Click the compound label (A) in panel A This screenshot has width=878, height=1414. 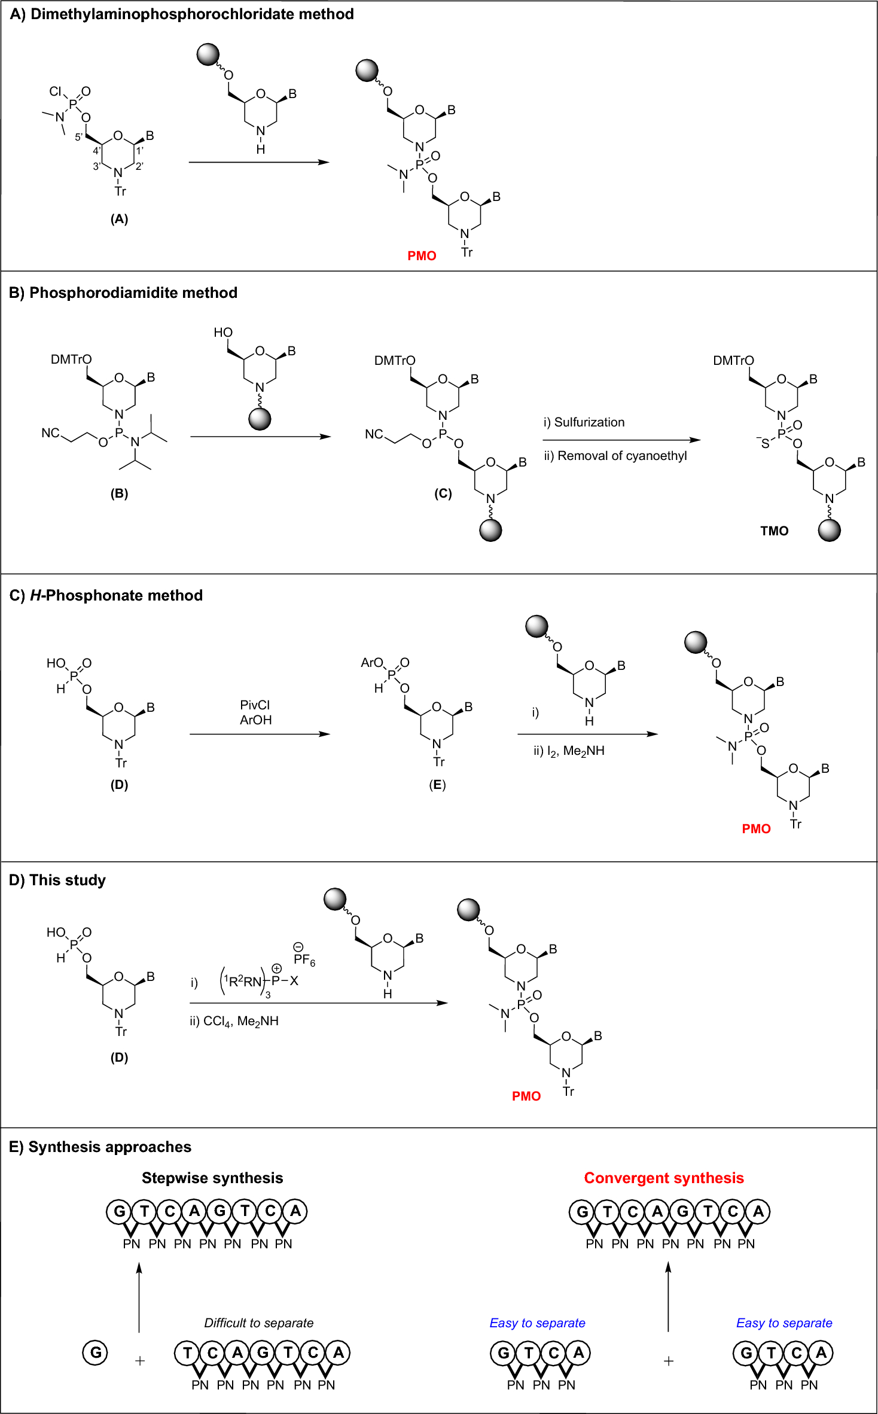tap(119, 219)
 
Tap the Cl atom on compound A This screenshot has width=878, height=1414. tap(55, 92)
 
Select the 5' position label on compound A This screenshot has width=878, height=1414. tap(79, 137)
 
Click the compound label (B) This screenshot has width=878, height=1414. tap(119, 493)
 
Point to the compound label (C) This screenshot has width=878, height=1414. tap(443, 493)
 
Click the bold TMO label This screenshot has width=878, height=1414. tap(774, 531)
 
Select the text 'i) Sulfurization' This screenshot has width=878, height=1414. tap(584, 422)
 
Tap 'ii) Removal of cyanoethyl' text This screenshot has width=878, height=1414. tap(615, 456)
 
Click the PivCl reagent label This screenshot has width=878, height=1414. tap(255, 705)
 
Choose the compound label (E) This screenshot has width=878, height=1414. tap(437, 785)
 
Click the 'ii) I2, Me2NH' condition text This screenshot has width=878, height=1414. tap(569, 751)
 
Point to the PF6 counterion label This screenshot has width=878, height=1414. tap(304, 960)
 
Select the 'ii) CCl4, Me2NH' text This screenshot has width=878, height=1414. tap(234, 1021)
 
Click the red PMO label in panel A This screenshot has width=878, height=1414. tap(422, 256)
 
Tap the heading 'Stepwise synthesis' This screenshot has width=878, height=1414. tap(212, 1178)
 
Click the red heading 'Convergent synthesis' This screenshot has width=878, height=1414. tap(663, 1178)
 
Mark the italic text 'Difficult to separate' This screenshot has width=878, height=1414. tap(258, 1323)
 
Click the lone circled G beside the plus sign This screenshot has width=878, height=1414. tap(96, 1352)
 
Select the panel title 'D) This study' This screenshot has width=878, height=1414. tap(57, 880)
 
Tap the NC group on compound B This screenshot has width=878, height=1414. tap(50, 433)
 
